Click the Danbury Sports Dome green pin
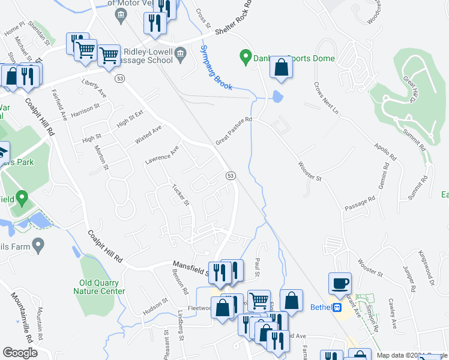point(245,58)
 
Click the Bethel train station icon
point(337,308)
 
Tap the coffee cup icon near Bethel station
point(340,283)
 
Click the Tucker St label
point(181,194)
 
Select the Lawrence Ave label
point(162,155)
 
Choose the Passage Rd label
point(360,202)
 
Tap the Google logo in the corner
point(20,353)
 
